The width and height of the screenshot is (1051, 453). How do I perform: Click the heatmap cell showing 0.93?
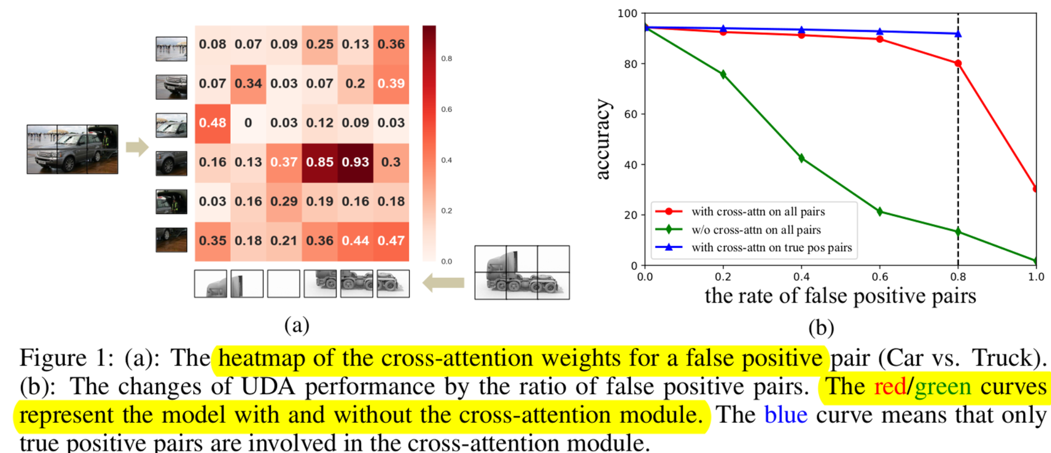[355, 162]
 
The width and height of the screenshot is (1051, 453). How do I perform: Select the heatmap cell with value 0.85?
[320, 162]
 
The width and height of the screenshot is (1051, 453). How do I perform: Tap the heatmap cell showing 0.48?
[212, 123]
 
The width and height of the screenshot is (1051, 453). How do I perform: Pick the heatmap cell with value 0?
[248, 123]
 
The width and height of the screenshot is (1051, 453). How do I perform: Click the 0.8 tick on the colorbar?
[446, 59]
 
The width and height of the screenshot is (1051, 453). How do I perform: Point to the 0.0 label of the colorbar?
[446, 261]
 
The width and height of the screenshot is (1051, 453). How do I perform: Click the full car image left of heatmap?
[72, 149]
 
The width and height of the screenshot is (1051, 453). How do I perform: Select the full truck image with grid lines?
[522, 272]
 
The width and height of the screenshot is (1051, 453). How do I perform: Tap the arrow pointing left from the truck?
[443, 283]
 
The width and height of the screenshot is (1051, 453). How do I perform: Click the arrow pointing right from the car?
[137, 147]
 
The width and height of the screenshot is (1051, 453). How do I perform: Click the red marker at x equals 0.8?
[958, 63]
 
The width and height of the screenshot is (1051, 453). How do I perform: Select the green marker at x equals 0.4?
[801, 158]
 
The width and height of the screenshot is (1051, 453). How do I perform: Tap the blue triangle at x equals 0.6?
[880, 32]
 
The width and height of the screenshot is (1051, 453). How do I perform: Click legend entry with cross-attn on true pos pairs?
[771, 248]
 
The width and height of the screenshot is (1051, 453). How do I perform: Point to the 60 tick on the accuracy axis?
[630, 114]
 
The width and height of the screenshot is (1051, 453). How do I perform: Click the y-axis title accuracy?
[603, 139]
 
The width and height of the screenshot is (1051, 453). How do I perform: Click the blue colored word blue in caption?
[785, 415]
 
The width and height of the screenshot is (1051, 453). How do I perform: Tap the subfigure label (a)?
[297, 325]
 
